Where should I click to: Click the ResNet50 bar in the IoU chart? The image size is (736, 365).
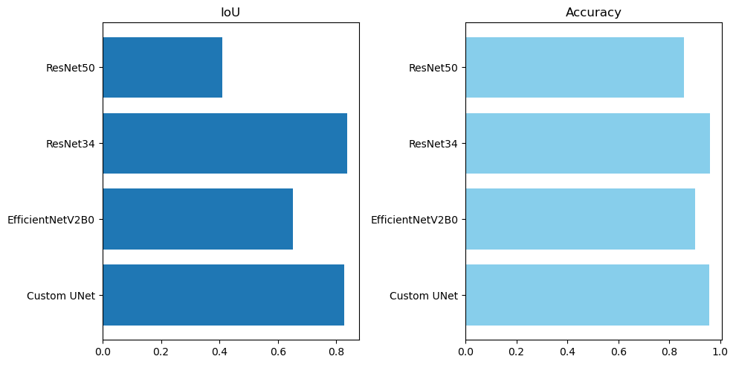(162, 68)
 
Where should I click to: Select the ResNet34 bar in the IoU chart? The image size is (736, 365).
(225, 143)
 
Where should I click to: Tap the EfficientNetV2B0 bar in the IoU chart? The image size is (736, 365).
(198, 219)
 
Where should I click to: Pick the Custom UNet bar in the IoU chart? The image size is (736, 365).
(223, 295)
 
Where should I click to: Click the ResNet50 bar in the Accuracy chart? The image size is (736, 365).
(575, 68)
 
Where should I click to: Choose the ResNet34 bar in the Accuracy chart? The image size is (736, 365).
(587, 143)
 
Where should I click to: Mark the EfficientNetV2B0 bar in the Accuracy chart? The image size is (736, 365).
(580, 219)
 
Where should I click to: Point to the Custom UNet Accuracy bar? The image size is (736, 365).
(587, 295)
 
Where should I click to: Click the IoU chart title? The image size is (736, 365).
(230, 12)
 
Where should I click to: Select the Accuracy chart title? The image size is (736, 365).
(593, 12)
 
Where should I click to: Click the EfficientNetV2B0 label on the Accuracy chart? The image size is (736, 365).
(415, 220)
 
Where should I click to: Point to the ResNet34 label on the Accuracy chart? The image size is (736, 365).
(433, 144)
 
